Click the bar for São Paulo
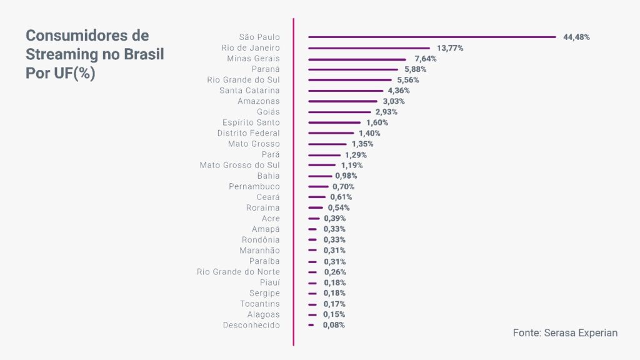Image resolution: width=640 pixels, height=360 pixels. click(x=431, y=37)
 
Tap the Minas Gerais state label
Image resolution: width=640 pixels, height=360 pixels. click(x=253, y=59)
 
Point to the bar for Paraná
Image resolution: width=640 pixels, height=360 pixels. click(x=352, y=69)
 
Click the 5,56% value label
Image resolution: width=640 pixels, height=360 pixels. click(x=408, y=80)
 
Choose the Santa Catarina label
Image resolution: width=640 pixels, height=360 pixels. click(x=249, y=91)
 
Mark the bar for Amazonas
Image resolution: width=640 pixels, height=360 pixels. click(x=343, y=101)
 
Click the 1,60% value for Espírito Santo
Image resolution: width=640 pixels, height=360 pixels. click(x=377, y=122)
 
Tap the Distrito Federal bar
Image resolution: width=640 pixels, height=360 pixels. click(x=331, y=133)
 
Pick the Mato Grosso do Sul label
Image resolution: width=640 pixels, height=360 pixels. click(x=239, y=165)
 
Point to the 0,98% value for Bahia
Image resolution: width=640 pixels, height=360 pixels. click(x=346, y=176)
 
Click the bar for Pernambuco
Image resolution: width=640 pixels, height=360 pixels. click(x=318, y=186)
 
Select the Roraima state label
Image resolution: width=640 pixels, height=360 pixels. click(x=262, y=207)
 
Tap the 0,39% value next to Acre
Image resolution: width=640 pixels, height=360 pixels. click(x=334, y=218)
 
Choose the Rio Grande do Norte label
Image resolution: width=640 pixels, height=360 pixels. click(x=238, y=272)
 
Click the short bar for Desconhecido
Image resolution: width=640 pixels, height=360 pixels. click(x=311, y=325)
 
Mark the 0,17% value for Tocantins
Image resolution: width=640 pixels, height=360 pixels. click(x=334, y=304)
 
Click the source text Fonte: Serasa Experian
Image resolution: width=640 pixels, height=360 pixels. click(x=565, y=333)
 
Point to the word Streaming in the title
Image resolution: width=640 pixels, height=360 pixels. click(x=61, y=54)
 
